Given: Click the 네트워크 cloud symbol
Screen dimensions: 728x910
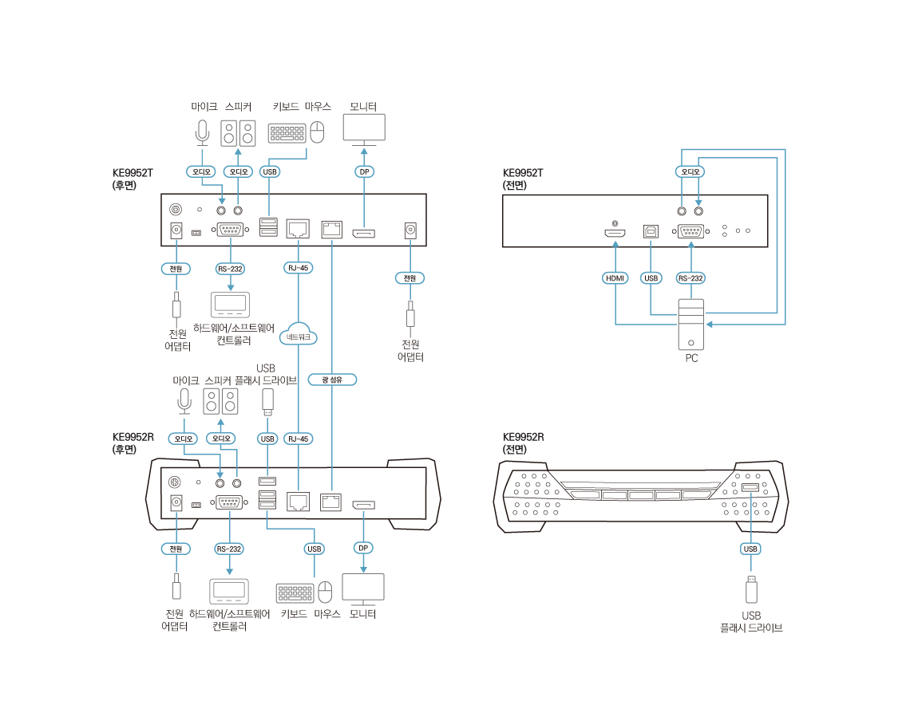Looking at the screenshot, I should coord(298,335).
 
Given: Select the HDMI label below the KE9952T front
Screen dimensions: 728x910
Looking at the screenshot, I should coord(615,278).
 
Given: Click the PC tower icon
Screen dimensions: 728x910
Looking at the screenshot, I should coord(691,324).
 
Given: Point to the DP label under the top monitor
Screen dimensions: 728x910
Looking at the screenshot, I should coord(364,171).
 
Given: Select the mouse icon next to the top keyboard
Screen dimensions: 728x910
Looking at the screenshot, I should coord(317,132).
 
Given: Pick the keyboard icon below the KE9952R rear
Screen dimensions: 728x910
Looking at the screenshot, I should coord(295,593).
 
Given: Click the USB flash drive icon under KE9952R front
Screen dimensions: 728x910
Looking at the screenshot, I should coord(750,588).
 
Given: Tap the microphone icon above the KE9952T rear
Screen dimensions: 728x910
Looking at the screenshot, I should coord(203,132).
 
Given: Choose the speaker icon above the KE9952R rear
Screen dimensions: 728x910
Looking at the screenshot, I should coord(220,400).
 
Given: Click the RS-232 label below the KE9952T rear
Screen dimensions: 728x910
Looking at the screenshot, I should coord(230,269).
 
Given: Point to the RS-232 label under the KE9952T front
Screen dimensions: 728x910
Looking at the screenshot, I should coord(690,278).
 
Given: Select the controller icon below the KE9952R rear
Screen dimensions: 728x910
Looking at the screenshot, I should coord(229,592).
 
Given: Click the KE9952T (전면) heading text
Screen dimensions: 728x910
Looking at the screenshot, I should coord(524,179).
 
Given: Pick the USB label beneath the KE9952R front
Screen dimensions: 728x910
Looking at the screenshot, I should coord(750,549).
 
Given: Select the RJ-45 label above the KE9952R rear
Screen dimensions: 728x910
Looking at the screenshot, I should coord(298,439).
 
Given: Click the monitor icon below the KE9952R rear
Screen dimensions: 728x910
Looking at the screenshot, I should coord(363,588).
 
